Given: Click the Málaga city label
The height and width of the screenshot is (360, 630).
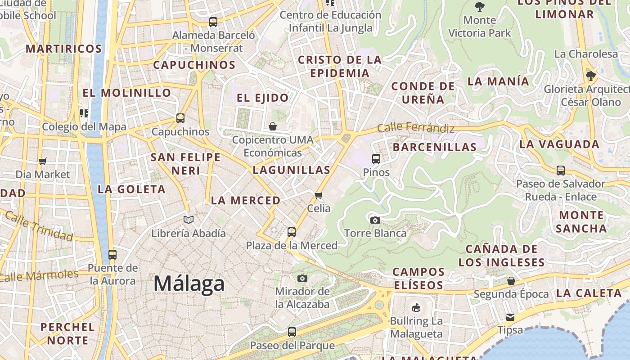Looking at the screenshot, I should (189, 284).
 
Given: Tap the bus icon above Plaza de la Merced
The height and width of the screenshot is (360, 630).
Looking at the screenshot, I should (292, 232).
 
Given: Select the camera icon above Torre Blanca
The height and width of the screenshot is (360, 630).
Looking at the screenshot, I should (375, 220).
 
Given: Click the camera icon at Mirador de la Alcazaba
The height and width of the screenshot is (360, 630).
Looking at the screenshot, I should (302, 278).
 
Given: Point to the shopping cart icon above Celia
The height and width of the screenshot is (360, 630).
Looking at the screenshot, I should (319, 195).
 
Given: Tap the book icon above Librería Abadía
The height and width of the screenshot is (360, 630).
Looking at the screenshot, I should (189, 220).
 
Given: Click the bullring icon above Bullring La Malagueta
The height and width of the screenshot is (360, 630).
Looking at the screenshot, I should (416, 308).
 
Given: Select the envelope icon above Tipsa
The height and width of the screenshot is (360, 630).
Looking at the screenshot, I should (510, 317).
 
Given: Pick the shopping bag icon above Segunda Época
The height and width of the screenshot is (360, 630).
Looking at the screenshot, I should (511, 281).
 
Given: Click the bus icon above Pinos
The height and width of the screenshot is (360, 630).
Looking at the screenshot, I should (376, 159).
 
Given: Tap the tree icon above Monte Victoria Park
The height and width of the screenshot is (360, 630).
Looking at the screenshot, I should (480, 7).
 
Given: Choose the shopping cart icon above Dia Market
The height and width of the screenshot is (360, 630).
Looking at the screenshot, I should (43, 161).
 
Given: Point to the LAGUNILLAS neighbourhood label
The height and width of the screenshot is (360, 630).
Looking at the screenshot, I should (292, 170).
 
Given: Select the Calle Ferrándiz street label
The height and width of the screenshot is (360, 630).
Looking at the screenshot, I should (416, 128).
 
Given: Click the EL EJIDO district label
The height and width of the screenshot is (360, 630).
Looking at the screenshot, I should (263, 98).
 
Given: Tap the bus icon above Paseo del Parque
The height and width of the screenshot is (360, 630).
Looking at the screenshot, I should (292, 332).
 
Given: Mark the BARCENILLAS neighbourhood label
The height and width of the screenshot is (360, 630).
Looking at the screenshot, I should (435, 147).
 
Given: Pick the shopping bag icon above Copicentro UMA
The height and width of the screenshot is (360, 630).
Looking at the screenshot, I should (273, 126).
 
